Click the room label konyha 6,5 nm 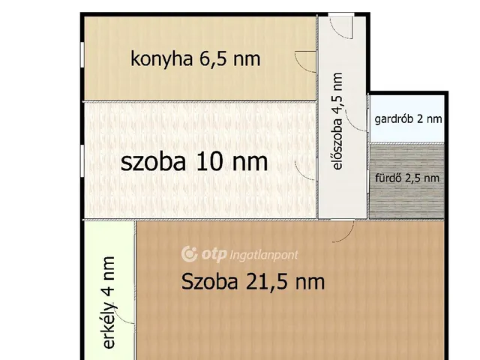click(196, 58)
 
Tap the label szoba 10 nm click(194, 162)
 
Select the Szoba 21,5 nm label click(253, 282)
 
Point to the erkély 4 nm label click(109, 303)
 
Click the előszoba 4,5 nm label click(337, 121)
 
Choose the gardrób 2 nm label click(407, 118)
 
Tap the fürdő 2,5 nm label click(407, 178)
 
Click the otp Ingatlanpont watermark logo click(240, 255)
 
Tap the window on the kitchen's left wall click(82, 56)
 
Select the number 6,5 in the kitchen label click(216, 58)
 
